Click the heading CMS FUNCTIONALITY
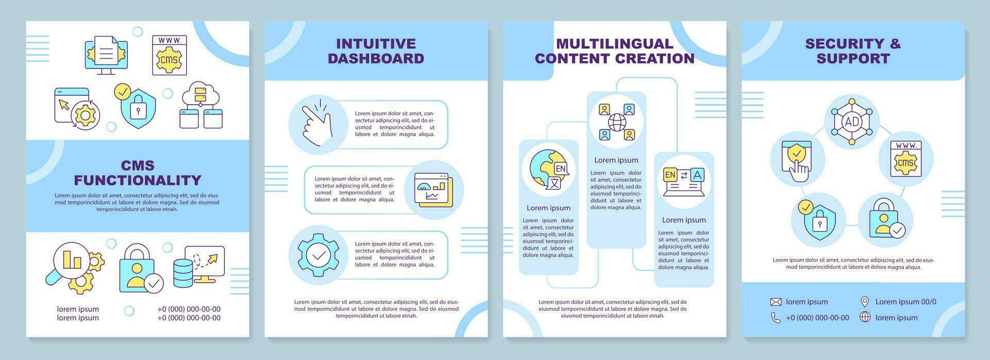(138, 173)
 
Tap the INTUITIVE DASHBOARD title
(376, 51)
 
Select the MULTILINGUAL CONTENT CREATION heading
(615, 51)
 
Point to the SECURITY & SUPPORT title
(853, 51)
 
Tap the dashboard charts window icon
(434, 190)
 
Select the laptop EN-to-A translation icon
(684, 181)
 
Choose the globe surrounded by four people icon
(617, 122)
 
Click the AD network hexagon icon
(851, 122)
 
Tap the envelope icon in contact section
(775, 302)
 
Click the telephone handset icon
(775, 318)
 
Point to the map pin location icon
(865, 302)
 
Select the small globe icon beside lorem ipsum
(865, 317)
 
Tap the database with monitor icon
(199, 266)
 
